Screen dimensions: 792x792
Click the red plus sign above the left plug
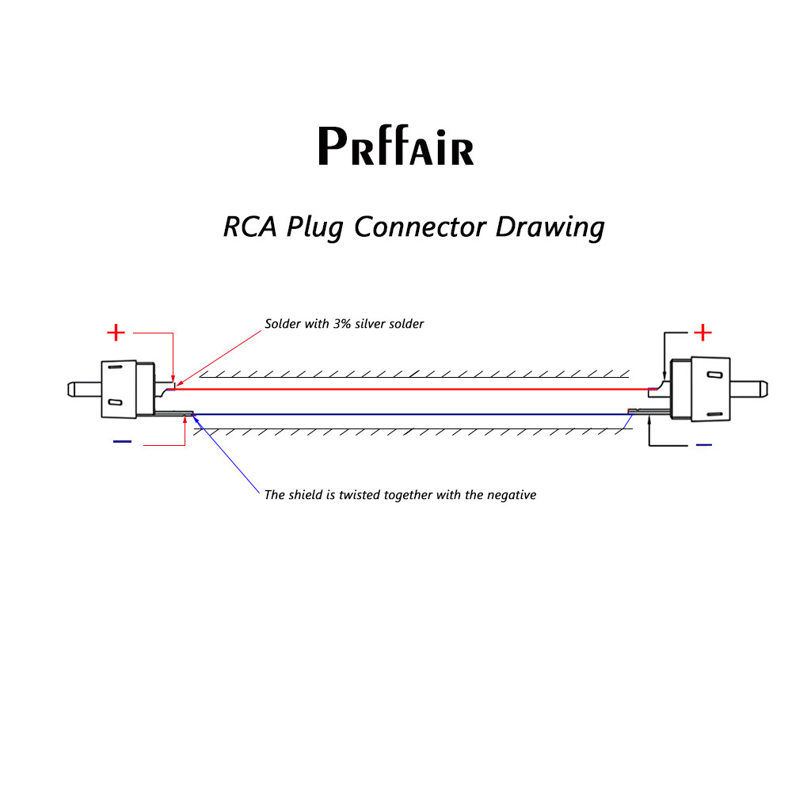point(116,333)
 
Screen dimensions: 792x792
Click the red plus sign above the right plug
point(703,333)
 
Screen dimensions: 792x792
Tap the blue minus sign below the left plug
point(122,442)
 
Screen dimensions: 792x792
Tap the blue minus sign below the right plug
point(703,445)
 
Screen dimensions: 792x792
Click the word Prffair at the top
point(395,147)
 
